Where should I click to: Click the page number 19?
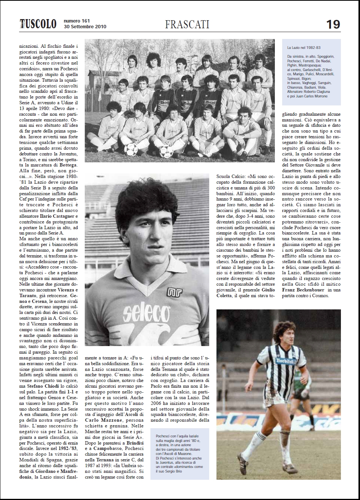click(333, 24)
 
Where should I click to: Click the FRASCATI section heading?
click(187, 24)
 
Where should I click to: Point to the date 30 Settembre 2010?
click(85, 27)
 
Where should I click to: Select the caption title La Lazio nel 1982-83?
click(303, 47)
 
